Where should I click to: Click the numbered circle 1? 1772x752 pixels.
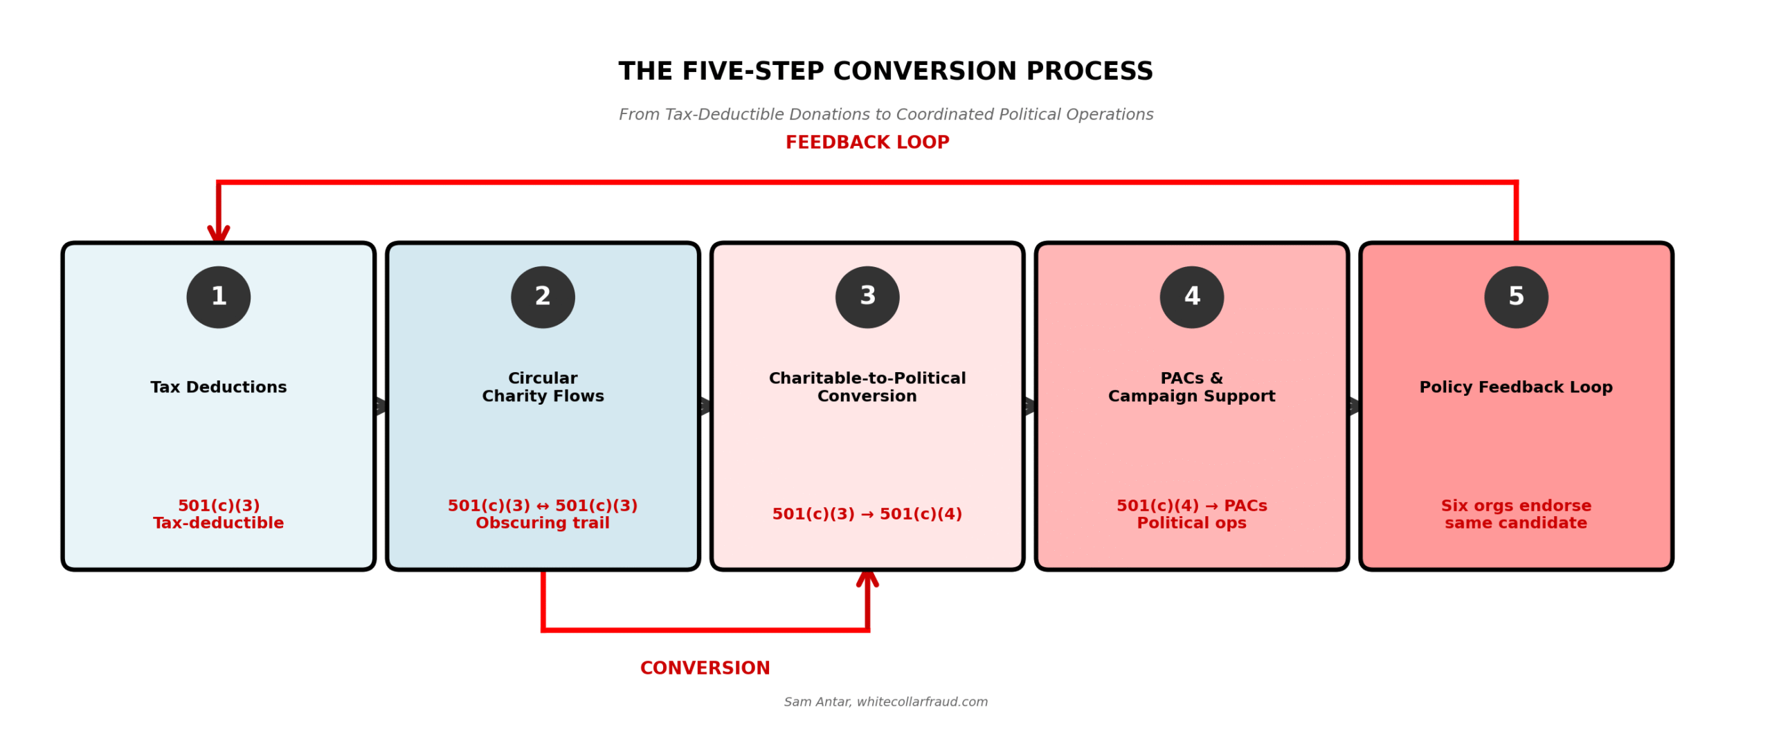218,297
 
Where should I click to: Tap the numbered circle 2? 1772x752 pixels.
543,297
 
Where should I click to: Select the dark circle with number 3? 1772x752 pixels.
867,297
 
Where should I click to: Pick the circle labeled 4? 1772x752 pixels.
1192,297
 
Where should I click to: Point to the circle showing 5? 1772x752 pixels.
1516,297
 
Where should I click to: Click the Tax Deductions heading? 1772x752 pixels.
218,387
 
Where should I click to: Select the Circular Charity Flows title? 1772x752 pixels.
543,387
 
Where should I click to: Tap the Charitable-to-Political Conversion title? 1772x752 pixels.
867,387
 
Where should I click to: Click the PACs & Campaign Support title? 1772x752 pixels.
1192,387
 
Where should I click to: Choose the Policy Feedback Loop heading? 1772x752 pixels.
1516,387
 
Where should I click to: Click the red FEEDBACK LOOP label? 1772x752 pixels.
867,143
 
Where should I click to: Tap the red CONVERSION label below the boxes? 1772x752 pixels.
705,668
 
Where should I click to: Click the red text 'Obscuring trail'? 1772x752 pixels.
543,524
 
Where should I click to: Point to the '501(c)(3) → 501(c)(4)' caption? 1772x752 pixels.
867,514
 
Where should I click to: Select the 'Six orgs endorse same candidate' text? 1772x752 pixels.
1516,515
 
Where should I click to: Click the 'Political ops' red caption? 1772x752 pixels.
1192,524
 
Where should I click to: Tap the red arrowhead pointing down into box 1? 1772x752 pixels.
219,234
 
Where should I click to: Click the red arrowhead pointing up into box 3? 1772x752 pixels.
867,578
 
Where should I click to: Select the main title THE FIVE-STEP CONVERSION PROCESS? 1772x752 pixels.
886,72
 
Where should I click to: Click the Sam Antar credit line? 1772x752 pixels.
886,702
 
